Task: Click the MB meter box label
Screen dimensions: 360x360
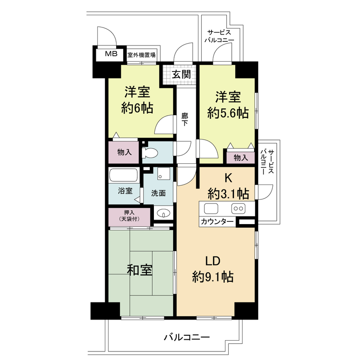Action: [x=111, y=54]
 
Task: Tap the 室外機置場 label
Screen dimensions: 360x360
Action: [x=141, y=55]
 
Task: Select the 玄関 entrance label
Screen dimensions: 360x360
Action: [x=181, y=74]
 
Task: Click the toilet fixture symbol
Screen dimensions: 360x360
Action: [x=150, y=153]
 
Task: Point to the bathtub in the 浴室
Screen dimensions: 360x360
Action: [x=123, y=175]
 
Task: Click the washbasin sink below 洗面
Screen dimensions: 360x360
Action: [x=163, y=213]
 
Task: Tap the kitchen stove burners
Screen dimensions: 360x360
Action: [x=238, y=208]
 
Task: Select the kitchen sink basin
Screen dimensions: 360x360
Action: [x=211, y=208]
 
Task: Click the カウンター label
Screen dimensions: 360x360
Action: [x=217, y=222]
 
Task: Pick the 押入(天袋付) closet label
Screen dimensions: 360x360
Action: [x=129, y=216]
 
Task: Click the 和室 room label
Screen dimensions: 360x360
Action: [x=139, y=270]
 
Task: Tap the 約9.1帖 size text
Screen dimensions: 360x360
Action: [x=213, y=277]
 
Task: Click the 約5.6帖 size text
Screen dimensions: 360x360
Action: [x=228, y=113]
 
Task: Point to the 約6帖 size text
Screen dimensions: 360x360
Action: [x=137, y=108]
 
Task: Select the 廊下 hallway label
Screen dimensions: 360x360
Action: [x=184, y=119]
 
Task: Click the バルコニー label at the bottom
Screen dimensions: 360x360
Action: [x=187, y=337]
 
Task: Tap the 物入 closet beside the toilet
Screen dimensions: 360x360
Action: [x=125, y=152]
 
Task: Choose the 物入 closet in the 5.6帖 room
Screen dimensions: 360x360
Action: [x=241, y=158]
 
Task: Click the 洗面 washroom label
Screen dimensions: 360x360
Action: [x=158, y=193]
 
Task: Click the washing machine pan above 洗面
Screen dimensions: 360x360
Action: [x=164, y=173]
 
